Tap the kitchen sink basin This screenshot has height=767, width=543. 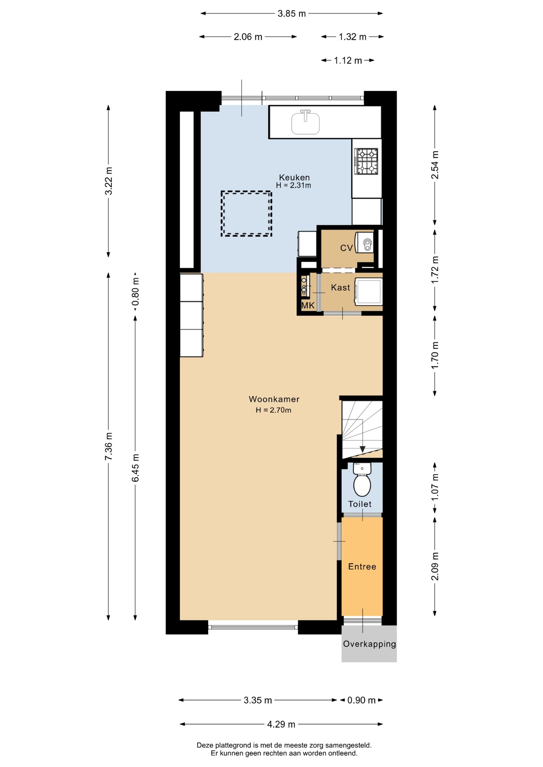305,123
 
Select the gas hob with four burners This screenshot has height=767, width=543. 367,161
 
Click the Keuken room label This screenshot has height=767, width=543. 294,177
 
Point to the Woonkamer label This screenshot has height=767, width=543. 274,399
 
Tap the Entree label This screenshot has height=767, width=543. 362,566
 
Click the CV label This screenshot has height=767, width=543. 346,248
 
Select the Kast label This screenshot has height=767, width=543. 340,288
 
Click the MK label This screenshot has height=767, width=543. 308,306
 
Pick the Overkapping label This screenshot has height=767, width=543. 369,644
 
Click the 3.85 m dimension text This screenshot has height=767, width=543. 292,14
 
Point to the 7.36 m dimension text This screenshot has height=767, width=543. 108,446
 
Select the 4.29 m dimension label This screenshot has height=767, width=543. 281,724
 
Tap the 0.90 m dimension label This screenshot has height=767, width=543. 361,700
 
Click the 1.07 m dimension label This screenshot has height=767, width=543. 435,487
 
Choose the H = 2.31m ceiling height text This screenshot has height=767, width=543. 293,185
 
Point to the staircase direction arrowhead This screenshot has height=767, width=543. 362,449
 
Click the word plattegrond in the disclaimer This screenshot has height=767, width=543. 234,745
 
